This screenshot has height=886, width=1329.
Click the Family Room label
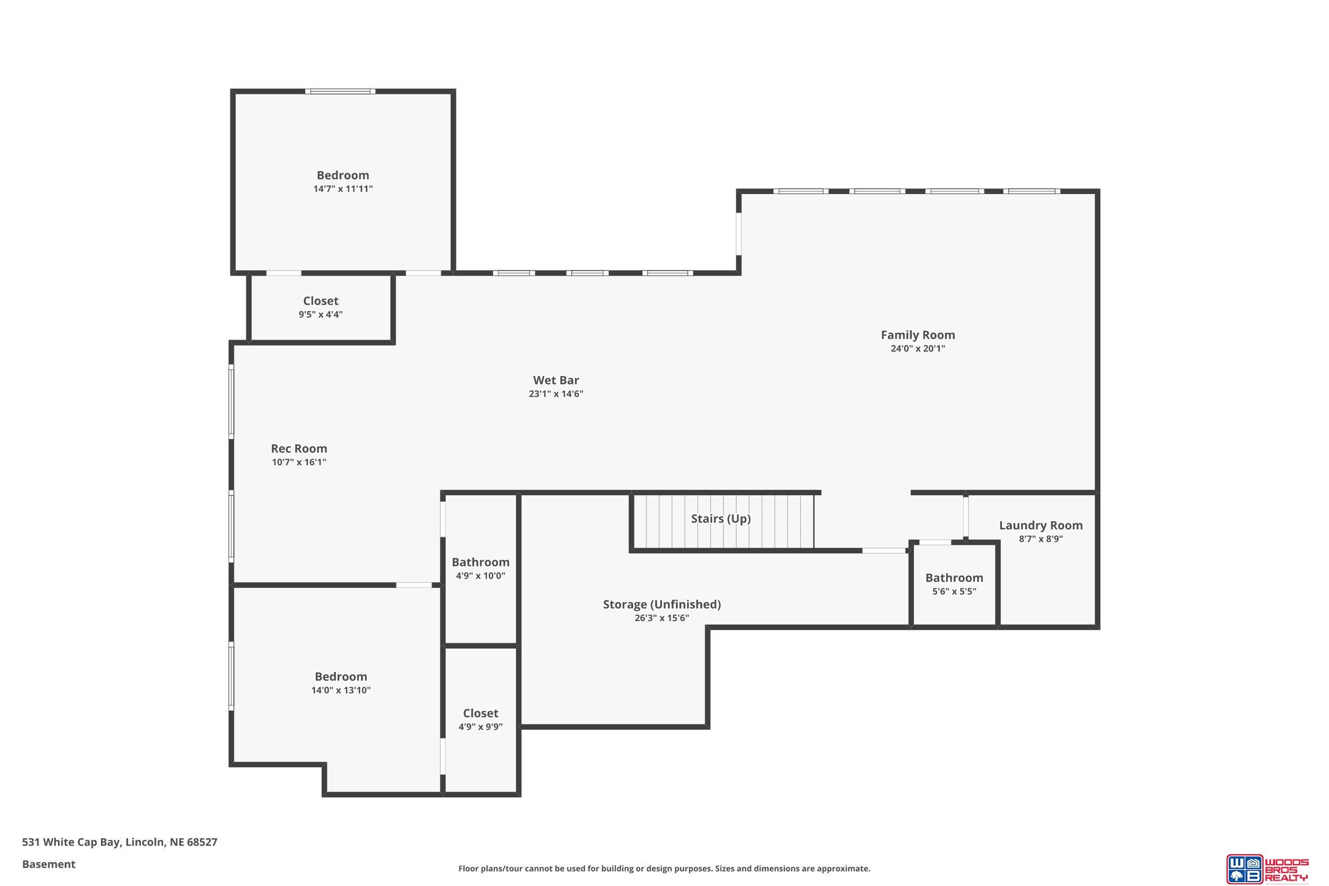(918, 335)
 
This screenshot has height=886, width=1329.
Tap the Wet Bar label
(556, 380)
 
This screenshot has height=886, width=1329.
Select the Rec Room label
(299, 449)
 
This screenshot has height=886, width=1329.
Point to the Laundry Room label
(1041, 526)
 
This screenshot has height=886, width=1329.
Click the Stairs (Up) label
(721, 519)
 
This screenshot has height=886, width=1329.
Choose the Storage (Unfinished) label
(662, 605)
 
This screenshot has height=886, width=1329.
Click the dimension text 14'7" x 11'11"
(343, 189)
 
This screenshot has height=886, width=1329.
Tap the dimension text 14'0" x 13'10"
(341, 690)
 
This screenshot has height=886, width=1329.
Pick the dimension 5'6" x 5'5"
(954, 592)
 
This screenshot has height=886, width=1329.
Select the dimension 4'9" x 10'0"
(480, 576)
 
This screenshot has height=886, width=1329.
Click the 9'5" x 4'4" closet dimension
(321, 315)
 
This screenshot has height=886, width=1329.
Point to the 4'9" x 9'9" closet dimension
(480, 727)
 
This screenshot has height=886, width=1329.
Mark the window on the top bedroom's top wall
(340, 91)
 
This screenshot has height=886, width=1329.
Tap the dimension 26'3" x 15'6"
(662, 618)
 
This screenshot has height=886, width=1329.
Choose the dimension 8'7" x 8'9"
(1041, 539)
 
